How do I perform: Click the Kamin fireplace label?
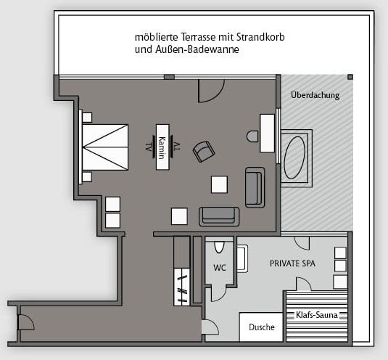[x=162, y=147]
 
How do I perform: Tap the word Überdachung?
[x=315, y=95]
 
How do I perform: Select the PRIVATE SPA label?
[x=292, y=263]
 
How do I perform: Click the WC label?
[x=220, y=268]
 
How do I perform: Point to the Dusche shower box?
[x=261, y=327]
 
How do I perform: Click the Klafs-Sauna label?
[x=317, y=315]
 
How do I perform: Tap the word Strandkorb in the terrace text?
[x=260, y=37]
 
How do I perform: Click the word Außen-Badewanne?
[x=197, y=49]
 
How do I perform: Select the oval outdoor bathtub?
[x=294, y=157]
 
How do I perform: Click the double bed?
[x=105, y=147]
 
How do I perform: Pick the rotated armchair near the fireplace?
[x=204, y=152]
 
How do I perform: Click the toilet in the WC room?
[x=219, y=247]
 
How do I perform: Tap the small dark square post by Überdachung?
[x=350, y=77]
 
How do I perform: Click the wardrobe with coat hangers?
[x=182, y=287]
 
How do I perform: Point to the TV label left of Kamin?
[x=148, y=147]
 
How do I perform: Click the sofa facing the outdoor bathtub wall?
[x=255, y=187]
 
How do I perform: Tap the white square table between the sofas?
[x=219, y=184]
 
